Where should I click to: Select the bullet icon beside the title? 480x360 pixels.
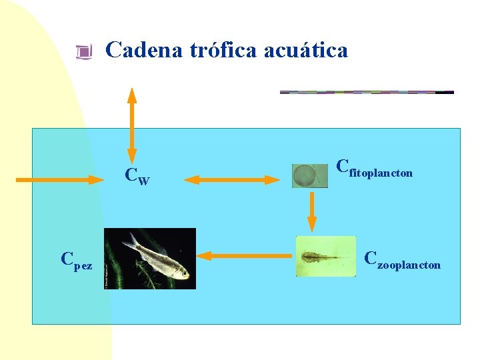pos(83,51)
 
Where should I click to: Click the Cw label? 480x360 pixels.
pos(137,177)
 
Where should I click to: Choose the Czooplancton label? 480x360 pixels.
pos(402,261)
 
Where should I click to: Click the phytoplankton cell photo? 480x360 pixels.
pos(310,177)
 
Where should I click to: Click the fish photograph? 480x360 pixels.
pos(150,259)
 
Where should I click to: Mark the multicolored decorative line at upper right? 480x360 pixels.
pos(366,92)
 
